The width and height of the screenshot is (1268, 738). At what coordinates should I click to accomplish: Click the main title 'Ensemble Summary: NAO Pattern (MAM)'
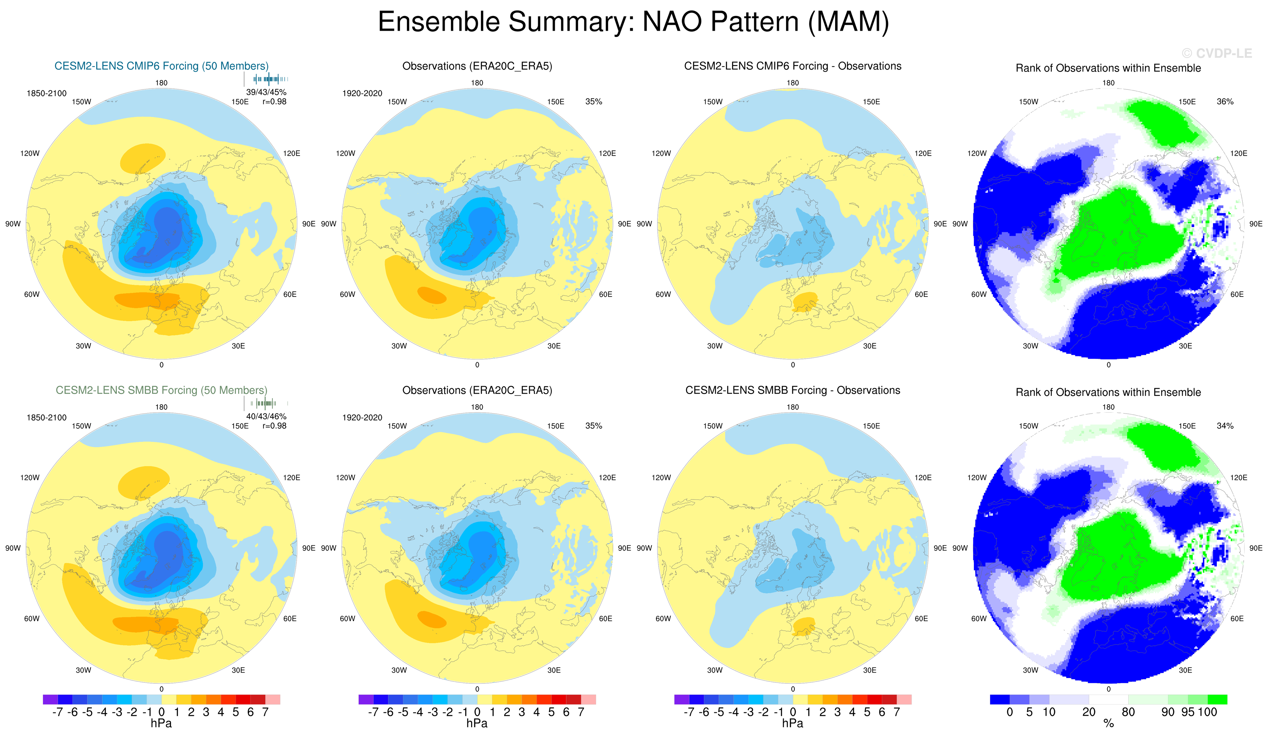coord(633,22)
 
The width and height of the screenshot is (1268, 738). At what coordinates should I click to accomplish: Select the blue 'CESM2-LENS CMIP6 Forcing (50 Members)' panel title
coord(162,66)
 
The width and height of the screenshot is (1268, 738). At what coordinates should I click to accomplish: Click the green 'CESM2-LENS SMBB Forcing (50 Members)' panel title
coord(162,390)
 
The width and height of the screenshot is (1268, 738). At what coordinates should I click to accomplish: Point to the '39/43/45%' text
coord(266,92)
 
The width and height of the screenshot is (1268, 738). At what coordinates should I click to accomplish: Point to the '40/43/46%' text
coord(266,416)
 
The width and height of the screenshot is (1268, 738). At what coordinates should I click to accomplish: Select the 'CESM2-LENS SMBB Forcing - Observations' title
coord(792,390)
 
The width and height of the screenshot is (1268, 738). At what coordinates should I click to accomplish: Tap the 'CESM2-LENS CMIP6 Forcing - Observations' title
coord(792,66)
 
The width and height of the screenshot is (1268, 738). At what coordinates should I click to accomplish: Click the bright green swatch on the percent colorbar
coord(1217,699)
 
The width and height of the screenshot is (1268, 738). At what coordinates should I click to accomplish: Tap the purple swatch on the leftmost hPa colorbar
coord(50,699)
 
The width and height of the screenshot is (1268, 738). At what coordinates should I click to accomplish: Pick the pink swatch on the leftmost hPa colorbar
coord(273,699)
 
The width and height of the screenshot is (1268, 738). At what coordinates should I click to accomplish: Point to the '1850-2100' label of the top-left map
coord(46,94)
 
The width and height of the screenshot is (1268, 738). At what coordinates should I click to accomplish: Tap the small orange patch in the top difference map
coord(805,302)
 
